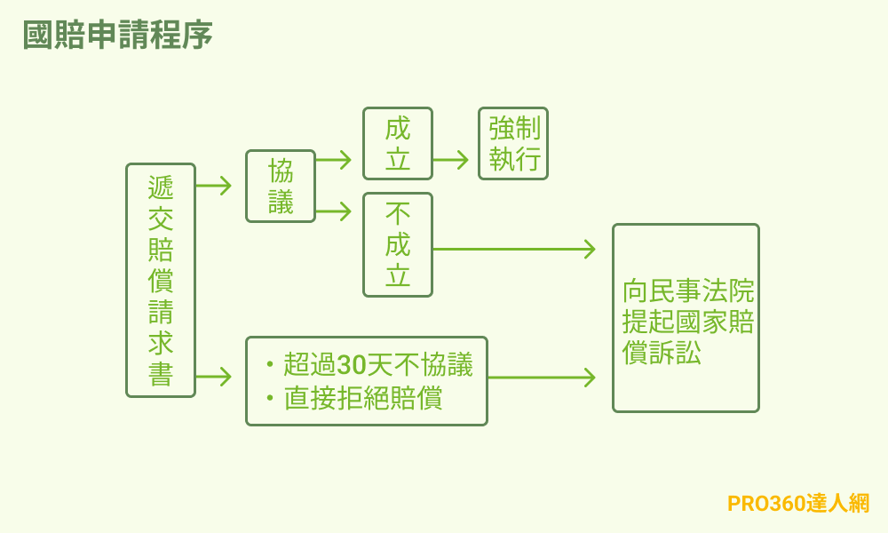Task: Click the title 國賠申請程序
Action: (117, 36)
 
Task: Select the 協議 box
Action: (281, 186)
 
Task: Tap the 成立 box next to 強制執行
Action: (398, 144)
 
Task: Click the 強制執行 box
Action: (513, 144)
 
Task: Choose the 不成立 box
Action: (398, 244)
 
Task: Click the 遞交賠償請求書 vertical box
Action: (161, 280)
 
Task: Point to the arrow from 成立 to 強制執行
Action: (451, 160)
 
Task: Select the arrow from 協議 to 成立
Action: (334, 160)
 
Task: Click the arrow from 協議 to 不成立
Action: (334, 211)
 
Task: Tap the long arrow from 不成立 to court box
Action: (513, 249)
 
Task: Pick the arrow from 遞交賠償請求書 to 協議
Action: (214, 186)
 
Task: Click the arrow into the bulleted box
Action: (214, 377)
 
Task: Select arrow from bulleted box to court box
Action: (542, 378)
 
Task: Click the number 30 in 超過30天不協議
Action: (352, 365)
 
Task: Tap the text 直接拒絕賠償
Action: (363, 398)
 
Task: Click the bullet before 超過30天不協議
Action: (269, 365)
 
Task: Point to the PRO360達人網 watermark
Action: (798, 503)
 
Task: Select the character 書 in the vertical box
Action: (161, 374)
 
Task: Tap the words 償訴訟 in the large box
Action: (662, 353)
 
